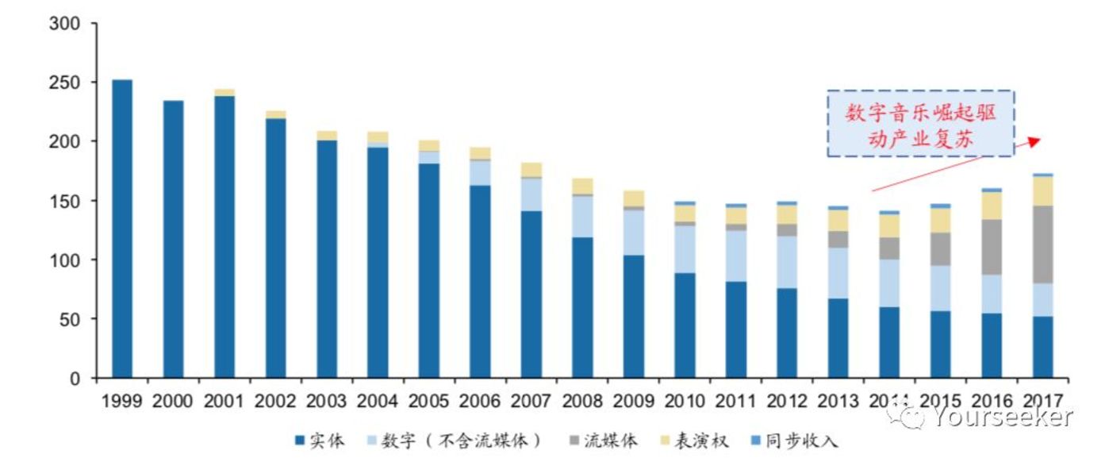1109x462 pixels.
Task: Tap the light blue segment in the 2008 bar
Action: click(582, 216)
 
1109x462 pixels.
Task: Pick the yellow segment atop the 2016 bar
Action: click(992, 206)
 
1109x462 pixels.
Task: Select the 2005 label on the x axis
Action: click(428, 401)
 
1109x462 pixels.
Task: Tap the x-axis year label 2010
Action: click(685, 401)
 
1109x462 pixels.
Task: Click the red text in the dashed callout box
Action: click(920, 123)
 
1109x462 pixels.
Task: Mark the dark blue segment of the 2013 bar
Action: click(838, 337)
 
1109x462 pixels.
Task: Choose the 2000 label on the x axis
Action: click(173, 401)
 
